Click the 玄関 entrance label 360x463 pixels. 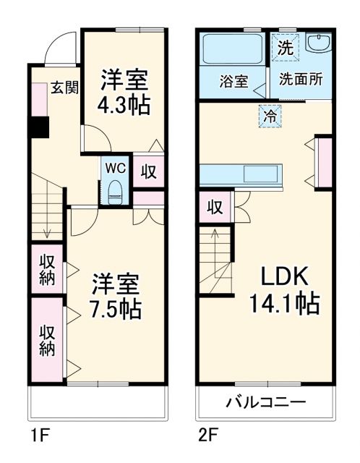pyautogui.click(x=64, y=88)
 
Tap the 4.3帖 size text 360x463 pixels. pyautogui.click(x=124, y=105)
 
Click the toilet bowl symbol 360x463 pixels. pyautogui.click(x=115, y=192)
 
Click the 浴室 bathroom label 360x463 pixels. pyautogui.click(x=233, y=81)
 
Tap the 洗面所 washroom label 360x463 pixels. pyautogui.click(x=301, y=80)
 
